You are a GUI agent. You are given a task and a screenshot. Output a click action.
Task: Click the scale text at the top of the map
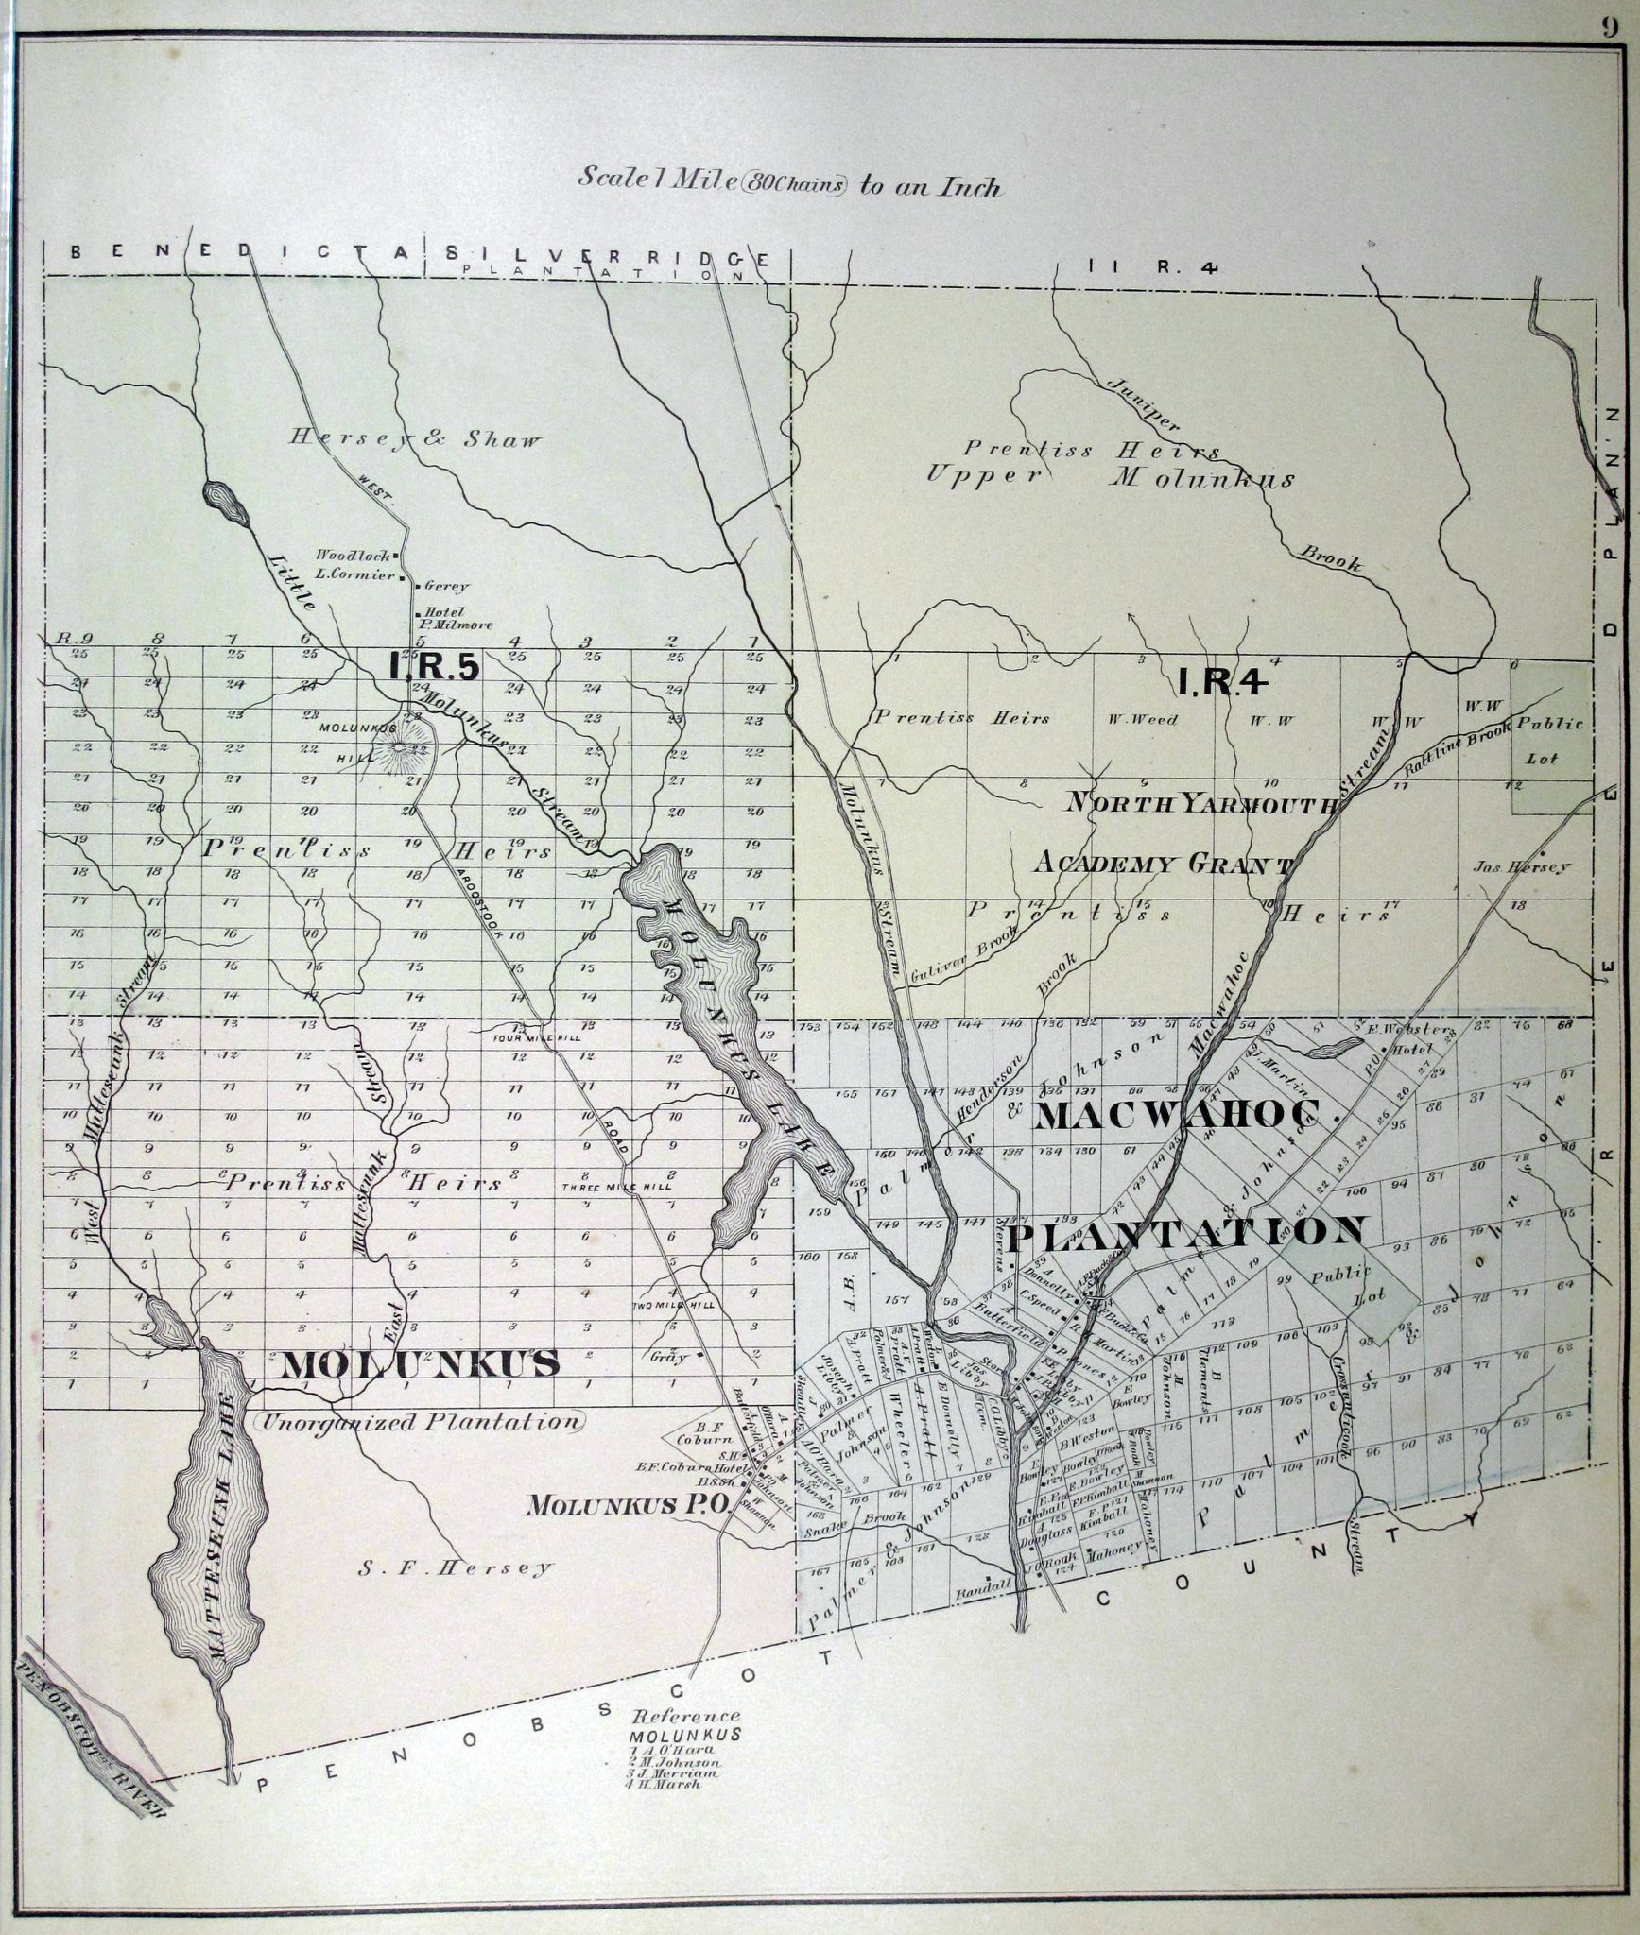tap(788, 183)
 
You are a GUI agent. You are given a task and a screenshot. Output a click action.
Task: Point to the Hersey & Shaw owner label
tap(416, 439)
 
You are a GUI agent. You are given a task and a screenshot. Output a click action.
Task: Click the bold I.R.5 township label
tap(436, 666)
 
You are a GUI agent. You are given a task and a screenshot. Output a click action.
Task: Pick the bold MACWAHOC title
tap(1186, 1117)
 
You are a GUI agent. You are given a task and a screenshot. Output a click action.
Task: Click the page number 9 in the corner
tap(1608, 26)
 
